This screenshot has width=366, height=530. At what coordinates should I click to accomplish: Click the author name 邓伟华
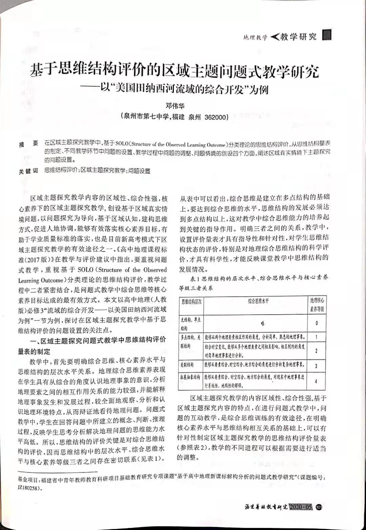(175, 106)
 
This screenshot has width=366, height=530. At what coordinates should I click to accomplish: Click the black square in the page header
(327, 35)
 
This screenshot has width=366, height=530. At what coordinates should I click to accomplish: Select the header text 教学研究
(298, 37)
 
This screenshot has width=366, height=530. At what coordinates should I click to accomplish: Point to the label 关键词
(28, 172)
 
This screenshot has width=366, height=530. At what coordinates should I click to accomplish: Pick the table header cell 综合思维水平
(258, 301)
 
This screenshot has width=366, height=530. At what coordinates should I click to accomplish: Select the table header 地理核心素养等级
(317, 305)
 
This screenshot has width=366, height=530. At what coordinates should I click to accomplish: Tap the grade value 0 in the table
(317, 323)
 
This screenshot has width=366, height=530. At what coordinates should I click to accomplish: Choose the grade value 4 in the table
(316, 381)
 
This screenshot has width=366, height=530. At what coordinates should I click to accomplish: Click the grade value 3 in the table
(316, 366)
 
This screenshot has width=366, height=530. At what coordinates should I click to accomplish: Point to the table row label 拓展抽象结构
(190, 377)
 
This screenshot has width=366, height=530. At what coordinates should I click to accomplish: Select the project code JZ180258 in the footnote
(29, 489)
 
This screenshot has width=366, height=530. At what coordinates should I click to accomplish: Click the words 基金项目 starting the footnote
(28, 480)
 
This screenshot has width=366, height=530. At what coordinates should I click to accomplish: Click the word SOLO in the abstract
(122, 144)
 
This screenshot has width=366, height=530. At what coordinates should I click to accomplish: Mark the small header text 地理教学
(255, 37)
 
